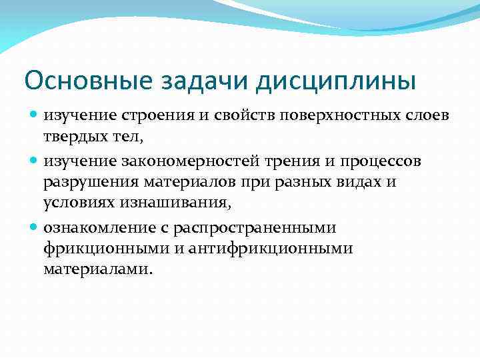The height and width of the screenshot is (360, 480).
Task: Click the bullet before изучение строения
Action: coord(35,115)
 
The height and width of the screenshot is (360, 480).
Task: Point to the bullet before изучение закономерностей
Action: coord(35,161)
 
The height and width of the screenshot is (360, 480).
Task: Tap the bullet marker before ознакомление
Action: coord(35,227)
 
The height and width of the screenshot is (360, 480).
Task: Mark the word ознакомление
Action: coord(99,227)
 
